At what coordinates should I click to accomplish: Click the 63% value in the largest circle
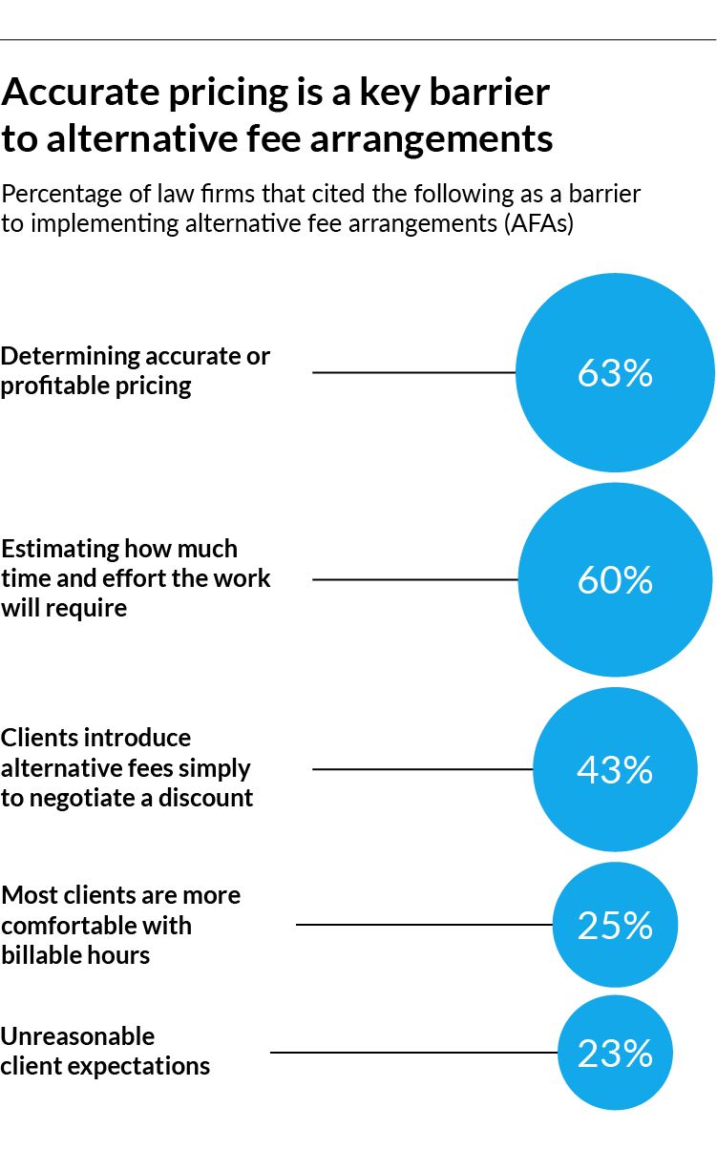tap(615, 373)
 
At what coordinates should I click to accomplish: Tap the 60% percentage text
tap(615, 580)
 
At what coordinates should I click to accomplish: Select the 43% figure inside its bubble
tap(615, 769)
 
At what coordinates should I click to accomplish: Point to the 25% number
tap(615, 925)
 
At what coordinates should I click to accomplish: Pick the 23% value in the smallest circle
tap(615, 1053)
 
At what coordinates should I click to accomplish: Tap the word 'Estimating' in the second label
tap(60, 550)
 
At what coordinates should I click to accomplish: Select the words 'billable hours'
tap(75, 955)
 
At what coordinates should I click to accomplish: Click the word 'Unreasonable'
tap(77, 1036)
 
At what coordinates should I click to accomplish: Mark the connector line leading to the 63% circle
tap(413, 372)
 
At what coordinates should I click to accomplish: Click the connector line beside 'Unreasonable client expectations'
tap(413, 1053)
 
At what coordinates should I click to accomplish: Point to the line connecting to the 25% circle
tap(424, 925)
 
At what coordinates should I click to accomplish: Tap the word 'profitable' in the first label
tap(47, 387)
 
